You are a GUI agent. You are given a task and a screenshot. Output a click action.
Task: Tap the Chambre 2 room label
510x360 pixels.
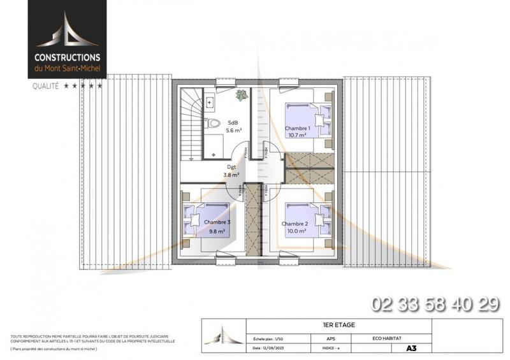tap(295, 224)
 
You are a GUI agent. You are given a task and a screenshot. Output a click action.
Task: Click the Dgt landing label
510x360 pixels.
tap(231, 168)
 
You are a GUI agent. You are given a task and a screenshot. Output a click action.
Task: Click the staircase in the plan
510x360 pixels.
tap(191, 124)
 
